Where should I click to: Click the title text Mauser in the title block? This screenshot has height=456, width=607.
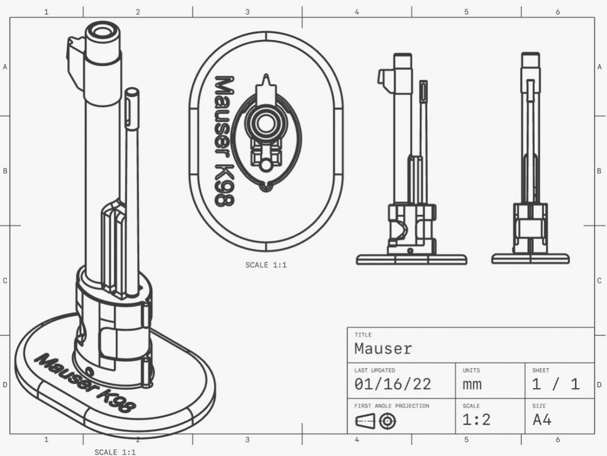pos(383,349)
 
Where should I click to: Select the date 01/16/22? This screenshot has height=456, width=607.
pos(393,384)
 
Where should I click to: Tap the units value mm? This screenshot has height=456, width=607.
pos(472,385)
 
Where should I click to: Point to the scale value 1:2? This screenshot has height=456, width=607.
pos(476,420)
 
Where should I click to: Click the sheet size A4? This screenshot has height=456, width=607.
pos(542,420)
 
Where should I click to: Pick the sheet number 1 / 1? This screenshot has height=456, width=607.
pos(555,384)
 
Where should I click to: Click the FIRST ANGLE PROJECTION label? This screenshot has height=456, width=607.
pos(392,406)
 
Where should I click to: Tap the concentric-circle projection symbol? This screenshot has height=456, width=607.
pos(387,422)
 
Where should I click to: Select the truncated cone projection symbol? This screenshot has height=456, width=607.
pos(365,422)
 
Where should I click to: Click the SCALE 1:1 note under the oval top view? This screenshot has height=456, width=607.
pos(266,265)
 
